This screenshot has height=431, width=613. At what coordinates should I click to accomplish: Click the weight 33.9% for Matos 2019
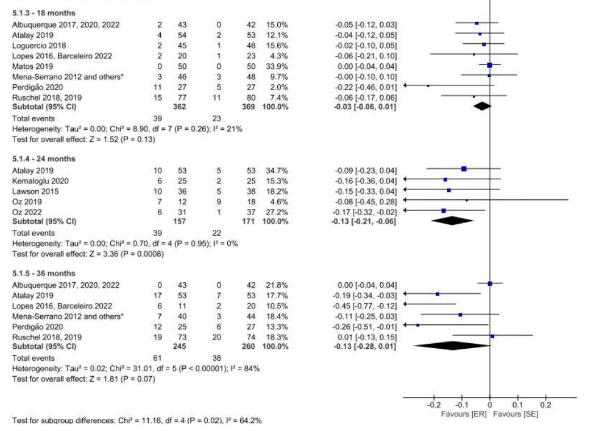[277, 66]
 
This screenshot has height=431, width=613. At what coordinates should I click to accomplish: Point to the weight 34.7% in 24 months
[277, 169]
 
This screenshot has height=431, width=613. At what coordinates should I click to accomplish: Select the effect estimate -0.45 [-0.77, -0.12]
[366, 305]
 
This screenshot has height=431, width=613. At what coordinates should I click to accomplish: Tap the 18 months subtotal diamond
[482, 106]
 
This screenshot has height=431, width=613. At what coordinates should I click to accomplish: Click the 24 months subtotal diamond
[452, 221]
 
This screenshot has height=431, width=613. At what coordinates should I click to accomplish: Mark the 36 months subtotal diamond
[452, 346]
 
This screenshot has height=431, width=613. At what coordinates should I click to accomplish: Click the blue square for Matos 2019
[490, 65]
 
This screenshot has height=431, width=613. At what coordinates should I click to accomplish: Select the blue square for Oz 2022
[444, 210]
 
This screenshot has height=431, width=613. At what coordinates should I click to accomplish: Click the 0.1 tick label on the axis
[518, 405]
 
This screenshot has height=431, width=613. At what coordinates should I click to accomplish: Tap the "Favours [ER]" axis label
[463, 414]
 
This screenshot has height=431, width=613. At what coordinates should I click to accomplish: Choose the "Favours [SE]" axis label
[516, 414]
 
